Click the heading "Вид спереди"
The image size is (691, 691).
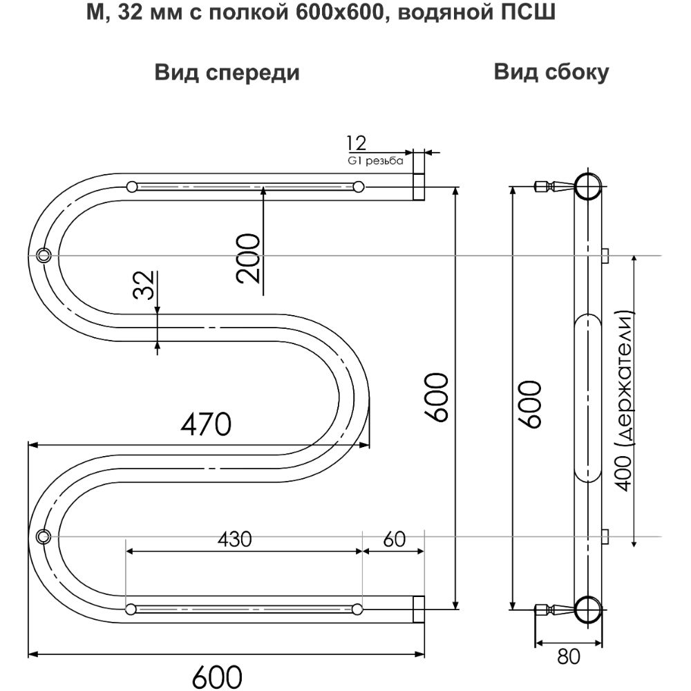(x=227, y=73)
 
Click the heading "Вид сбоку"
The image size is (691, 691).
(x=551, y=72)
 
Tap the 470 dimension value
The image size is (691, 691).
(x=206, y=424)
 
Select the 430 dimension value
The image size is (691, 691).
(x=234, y=539)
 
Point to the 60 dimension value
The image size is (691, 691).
(x=394, y=539)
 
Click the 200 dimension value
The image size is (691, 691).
(x=248, y=258)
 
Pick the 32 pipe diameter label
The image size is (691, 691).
(x=144, y=285)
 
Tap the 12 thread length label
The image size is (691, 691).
(x=356, y=143)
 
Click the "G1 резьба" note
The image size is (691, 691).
(x=375, y=161)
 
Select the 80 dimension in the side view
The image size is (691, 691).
(x=568, y=656)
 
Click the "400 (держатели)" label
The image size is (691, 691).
(x=624, y=401)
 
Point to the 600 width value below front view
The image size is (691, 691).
(x=217, y=676)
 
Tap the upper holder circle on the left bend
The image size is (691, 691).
(x=44, y=255)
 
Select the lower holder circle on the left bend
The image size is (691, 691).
(x=44, y=537)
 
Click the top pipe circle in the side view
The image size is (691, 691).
(x=587, y=187)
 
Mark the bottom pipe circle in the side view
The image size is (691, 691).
(x=587, y=609)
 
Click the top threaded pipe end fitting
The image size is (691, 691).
(x=419, y=187)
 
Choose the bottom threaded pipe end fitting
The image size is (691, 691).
(x=419, y=609)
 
